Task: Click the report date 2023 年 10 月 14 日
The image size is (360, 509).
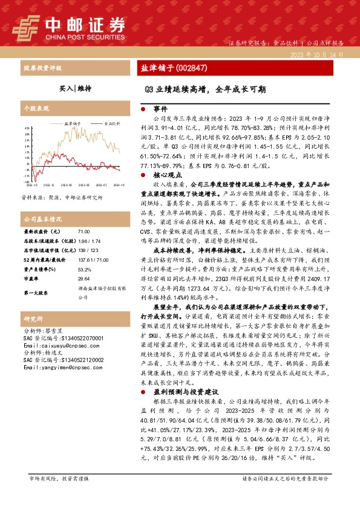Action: [317, 54]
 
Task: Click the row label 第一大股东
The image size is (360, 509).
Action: [37, 293]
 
